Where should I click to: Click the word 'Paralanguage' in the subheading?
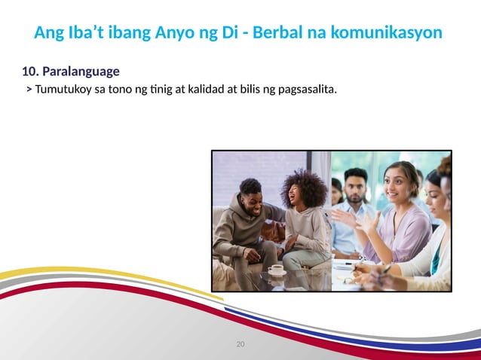pyautogui.click(x=81, y=72)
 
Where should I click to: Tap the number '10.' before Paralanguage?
pyautogui.click(x=30, y=72)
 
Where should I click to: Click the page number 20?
pyautogui.click(x=240, y=344)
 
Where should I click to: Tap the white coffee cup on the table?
pyautogui.click(x=277, y=270)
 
